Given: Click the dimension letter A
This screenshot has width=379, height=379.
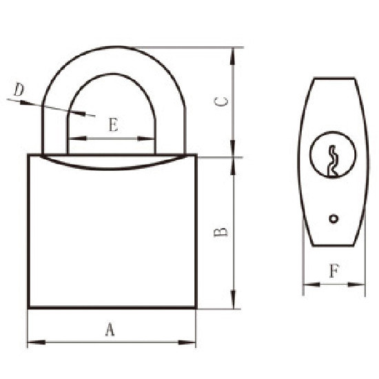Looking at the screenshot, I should click(x=109, y=329).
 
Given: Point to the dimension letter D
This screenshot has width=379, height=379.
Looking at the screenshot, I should click(x=19, y=90).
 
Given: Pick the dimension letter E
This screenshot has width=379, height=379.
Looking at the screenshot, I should click(x=112, y=125).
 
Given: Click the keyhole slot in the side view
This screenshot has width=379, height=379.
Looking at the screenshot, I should click(x=332, y=160).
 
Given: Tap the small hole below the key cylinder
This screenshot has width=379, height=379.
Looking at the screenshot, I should click(x=334, y=219).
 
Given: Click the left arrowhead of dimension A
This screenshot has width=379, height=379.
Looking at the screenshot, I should click(x=32, y=341).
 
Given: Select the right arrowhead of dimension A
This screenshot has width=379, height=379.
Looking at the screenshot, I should click(x=192, y=341).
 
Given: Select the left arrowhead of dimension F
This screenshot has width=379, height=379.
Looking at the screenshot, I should click(x=307, y=283).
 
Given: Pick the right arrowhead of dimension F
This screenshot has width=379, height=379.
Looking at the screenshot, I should click(x=360, y=283).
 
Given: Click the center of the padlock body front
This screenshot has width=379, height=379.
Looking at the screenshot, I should click(x=112, y=234).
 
